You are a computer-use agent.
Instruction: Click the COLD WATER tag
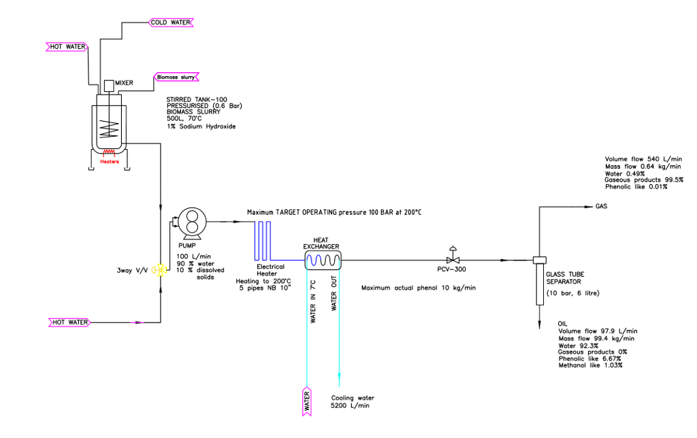(170, 22)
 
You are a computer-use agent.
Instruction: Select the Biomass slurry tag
(176, 77)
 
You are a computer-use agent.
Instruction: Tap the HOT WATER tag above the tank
(67, 47)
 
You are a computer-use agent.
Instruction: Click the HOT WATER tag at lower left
(69, 321)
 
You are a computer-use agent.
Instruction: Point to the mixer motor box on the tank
(108, 86)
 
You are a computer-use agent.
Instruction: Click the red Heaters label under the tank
(109, 162)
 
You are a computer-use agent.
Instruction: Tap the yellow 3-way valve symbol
(161, 270)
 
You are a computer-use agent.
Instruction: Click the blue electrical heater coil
(263, 239)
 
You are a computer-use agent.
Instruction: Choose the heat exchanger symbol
(322, 259)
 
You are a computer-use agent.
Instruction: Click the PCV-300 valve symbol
(451, 259)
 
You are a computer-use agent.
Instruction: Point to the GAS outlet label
(602, 205)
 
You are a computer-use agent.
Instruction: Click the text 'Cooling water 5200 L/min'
(353, 401)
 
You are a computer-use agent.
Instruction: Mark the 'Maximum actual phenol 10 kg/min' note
(419, 288)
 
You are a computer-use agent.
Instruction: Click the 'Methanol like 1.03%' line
(590, 365)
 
